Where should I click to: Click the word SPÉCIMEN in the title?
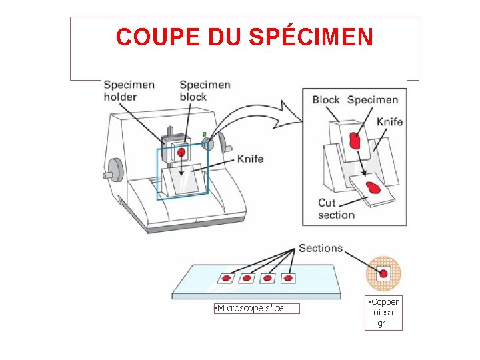(x=311, y=37)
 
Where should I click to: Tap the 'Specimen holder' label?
(x=129, y=91)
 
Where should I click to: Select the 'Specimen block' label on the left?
(x=205, y=91)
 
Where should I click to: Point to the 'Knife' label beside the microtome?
(x=250, y=159)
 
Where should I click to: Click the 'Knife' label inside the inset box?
(x=389, y=122)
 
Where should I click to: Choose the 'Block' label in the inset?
(x=326, y=100)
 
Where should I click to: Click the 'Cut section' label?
(x=336, y=209)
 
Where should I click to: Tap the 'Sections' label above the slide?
(x=321, y=248)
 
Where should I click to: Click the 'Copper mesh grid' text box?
(x=383, y=313)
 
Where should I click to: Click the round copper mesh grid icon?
(x=383, y=273)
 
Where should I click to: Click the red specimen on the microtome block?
(x=181, y=153)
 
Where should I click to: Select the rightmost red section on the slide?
(x=288, y=277)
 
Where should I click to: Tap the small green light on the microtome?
(x=203, y=134)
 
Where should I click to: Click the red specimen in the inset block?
(x=355, y=141)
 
